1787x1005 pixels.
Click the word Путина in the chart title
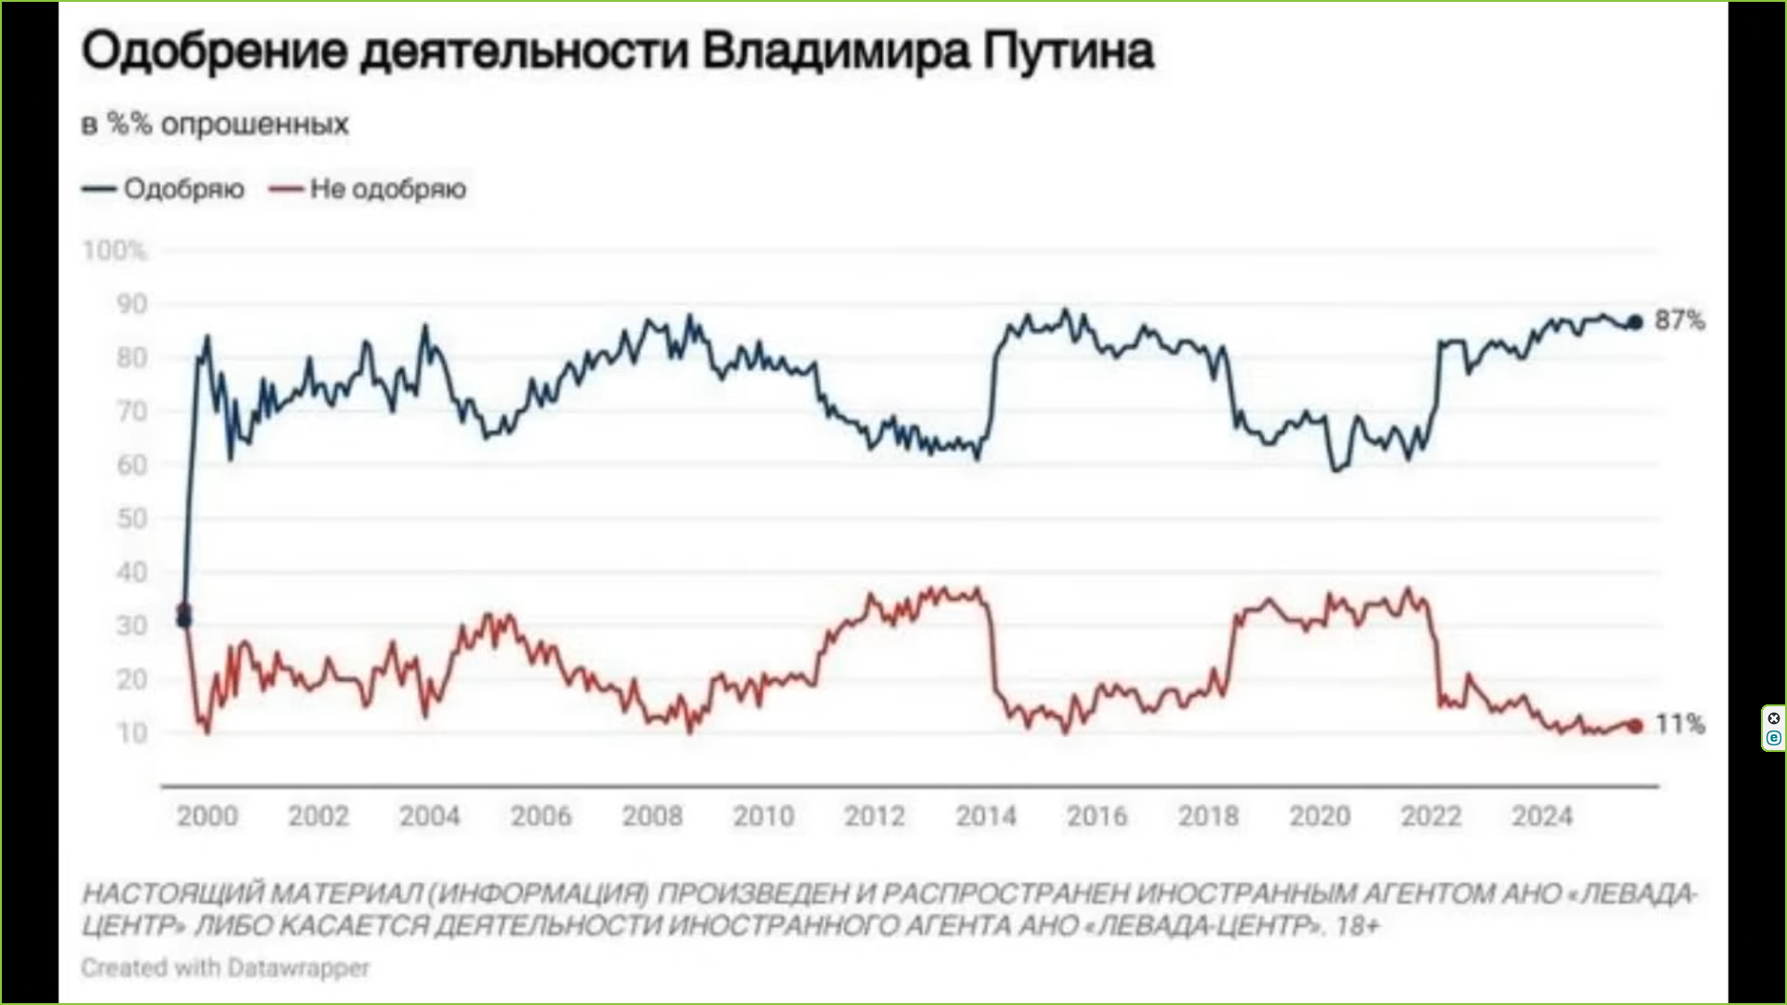(x=1068, y=52)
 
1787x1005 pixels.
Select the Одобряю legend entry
(x=183, y=189)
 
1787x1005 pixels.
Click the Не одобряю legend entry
(x=387, y=189)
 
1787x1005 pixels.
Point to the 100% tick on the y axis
(x=114, y=250)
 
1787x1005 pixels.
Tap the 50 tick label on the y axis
(x=131, y=518)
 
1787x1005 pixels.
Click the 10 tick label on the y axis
(x=132, y=733)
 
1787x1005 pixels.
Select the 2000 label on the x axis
(x=208, y=816)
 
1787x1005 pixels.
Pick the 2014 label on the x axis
(x=986, y=816)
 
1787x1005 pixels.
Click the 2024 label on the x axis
(x=1542, y=816)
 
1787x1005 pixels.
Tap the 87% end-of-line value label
(x=1680, y=321)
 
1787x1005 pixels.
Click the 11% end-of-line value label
(x=1680, y=724)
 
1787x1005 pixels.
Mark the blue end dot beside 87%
(x=1634, y=323)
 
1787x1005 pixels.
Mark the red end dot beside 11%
(x=1635, y=726)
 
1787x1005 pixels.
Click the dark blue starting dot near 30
(x=184, y=621)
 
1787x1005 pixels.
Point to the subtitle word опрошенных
(x=255, y=124)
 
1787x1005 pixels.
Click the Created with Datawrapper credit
(x=225, y=968)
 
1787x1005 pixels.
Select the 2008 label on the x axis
(x=652, y=816)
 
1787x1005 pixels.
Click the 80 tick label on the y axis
(x=131, y=357)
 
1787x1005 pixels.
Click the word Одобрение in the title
(x=214, y=52)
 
